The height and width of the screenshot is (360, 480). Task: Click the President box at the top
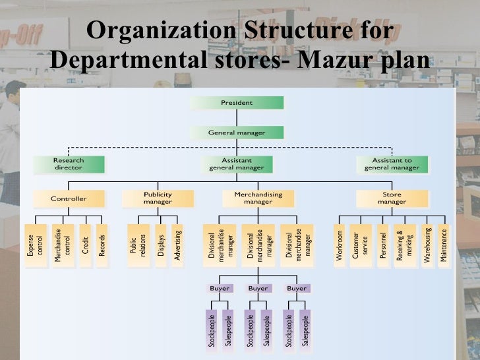click(237, 103)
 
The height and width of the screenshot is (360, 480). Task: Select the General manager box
click(237, 133)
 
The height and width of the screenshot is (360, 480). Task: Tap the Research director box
click(69, 164)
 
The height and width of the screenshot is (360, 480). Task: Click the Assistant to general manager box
click(392, 164)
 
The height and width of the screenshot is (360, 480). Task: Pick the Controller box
click(69, 198)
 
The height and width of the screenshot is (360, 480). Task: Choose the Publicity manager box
click(158, 198)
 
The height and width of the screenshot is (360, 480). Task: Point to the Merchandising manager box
click(258, 198)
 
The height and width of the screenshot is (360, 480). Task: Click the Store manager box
click(392, 198)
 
